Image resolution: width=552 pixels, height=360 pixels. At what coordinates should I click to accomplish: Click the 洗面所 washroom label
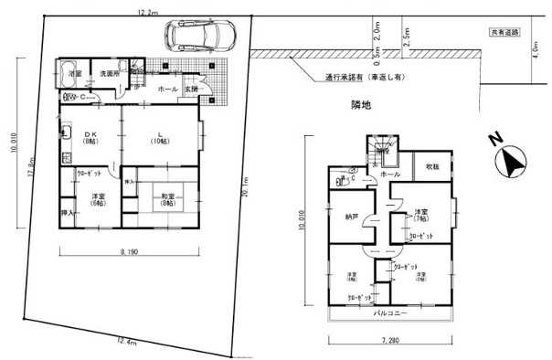110,72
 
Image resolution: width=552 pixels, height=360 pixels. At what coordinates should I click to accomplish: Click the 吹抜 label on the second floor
431,167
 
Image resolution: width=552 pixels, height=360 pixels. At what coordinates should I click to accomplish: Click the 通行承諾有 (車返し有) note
362,77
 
